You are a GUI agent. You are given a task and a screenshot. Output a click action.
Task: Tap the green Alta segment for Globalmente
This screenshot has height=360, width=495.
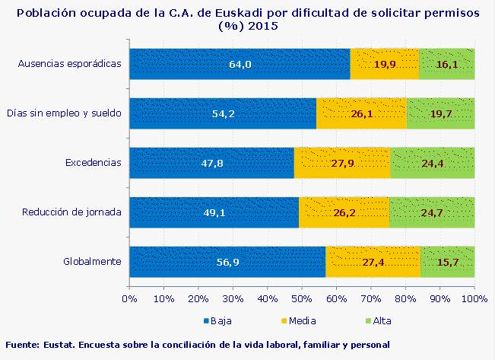[447, 262]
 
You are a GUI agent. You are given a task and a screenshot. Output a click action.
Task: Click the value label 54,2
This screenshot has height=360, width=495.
[223, 114]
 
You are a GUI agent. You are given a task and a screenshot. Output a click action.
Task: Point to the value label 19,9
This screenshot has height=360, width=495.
[385, 65]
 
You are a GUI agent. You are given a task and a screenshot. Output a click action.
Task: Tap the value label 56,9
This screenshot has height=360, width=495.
[228, 263]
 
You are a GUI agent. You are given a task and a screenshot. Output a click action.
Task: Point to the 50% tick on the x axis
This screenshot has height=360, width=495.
[302, 298]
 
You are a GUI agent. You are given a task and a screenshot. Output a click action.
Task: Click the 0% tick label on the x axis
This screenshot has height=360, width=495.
[129, 298]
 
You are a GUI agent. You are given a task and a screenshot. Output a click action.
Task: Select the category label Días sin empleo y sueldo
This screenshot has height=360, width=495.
[65, 113]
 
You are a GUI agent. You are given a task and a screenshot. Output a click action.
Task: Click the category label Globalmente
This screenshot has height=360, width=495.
[93, 262]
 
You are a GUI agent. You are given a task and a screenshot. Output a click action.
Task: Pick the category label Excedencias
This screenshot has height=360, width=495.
[94, 163]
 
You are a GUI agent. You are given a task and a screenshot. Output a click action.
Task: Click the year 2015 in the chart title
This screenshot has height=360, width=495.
[261, 26]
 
